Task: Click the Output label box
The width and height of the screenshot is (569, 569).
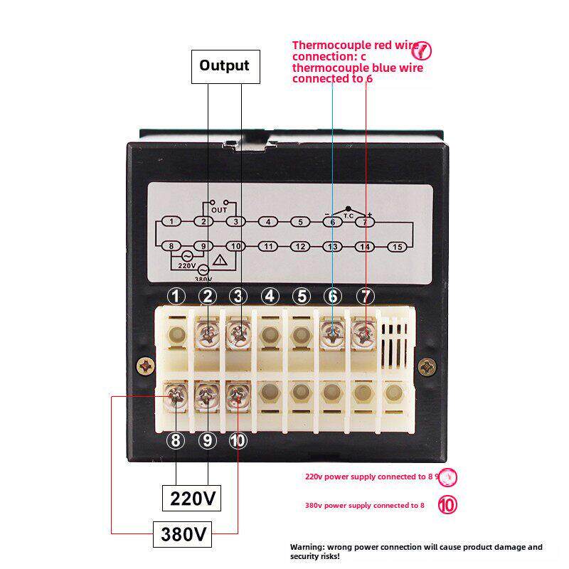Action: click(x=224, y=66)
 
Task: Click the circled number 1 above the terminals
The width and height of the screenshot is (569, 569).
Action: click(x=176, y=296)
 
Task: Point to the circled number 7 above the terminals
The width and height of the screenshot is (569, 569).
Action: click(x=364, y=296)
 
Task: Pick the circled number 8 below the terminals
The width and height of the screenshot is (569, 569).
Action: click(x=176, y=440)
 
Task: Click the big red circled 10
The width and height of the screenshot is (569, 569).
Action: click(x=447, y=506)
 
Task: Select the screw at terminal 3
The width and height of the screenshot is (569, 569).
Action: click(x=240, y=332)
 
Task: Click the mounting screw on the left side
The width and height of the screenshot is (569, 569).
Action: click(x=147, y=366)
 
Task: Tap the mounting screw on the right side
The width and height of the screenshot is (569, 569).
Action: click(x=427, y=366)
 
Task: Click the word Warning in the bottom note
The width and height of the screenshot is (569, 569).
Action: click(x=308, y=547)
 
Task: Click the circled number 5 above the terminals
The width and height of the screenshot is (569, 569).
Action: click(x=302, y=296)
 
